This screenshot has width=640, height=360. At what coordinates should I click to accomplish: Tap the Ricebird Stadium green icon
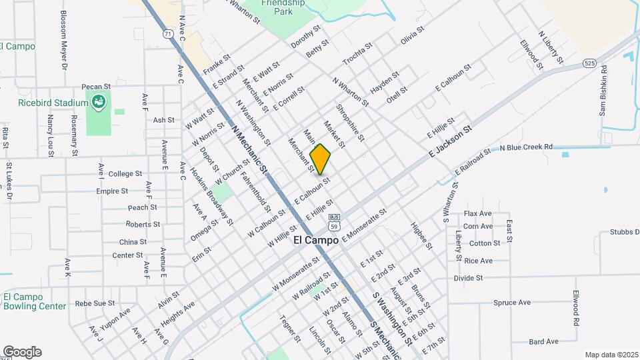click(x=99, y=102)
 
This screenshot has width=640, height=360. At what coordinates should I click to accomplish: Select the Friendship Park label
click(x=283, y=7)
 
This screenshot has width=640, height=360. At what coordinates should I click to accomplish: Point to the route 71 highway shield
click(x=166, y=32)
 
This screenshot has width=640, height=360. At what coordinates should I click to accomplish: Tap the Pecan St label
click(x=94, y=87)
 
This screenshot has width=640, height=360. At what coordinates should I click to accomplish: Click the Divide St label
click(x=468, y=277)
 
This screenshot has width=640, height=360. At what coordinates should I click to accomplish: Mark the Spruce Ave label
click(x=512, y=303)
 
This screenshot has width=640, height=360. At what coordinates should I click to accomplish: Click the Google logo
click(x=22, y=352)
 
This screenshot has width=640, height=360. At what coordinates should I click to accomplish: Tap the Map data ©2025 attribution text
click(x=611, y=355)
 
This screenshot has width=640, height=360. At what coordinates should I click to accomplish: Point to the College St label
click(x=125, y=173)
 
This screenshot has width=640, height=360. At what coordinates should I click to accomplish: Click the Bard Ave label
click(x=543, y=341)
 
